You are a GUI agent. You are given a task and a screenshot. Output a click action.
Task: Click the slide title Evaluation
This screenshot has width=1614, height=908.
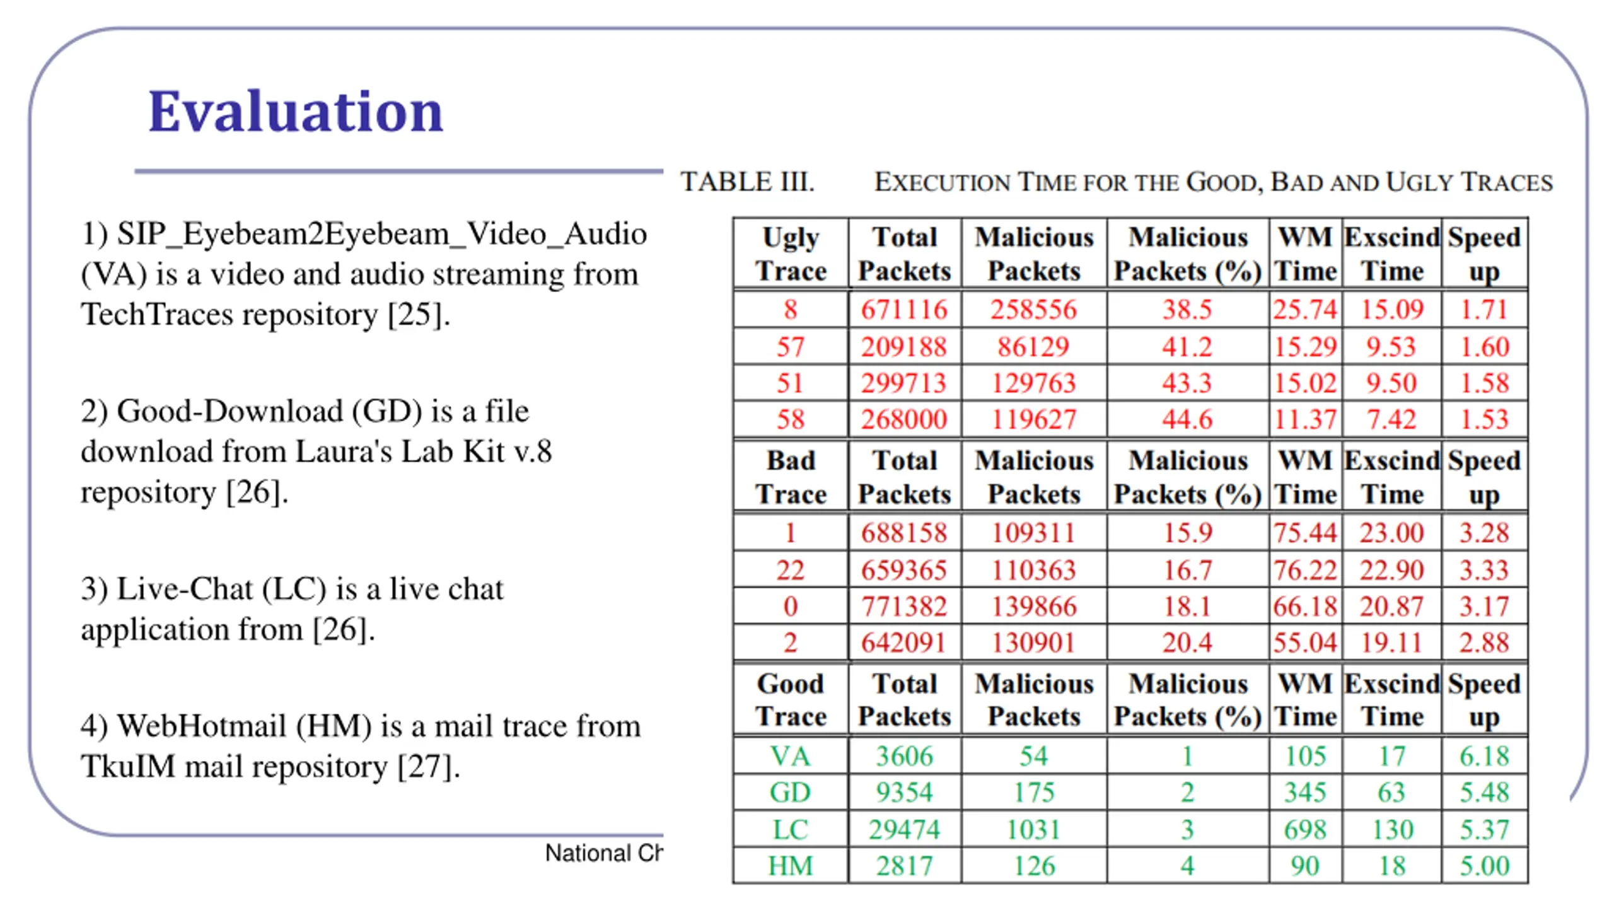pyautogui.click(x=295, y=112)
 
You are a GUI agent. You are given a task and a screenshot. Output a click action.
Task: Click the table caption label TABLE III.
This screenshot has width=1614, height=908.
pyautogui.click(x=747, y=182)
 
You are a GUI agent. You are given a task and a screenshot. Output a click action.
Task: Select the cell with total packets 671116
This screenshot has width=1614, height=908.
pyautogui.click(x=904, y=310)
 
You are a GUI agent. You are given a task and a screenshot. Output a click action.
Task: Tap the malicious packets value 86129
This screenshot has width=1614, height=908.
pyautogui.click(x=1033, y=347)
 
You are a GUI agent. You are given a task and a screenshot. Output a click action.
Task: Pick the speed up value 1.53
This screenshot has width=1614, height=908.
pyautogui.click(x=1484, y=419)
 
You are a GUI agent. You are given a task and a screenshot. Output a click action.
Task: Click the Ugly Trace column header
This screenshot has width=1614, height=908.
pyautogui.click(x=791, y=254)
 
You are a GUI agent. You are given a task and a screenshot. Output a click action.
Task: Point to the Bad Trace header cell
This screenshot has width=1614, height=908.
pyautogui.click(x=791, y=477)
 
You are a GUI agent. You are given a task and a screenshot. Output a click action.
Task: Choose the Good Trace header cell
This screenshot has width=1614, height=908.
pyautogui.click(x=791, y=700)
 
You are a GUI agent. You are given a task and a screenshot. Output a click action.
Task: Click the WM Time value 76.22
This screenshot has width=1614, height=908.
pyautogui.click(x=1305, y=570)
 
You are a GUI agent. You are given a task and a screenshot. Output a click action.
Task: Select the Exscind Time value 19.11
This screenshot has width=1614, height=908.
pyautogui.click(x=1391, y=643)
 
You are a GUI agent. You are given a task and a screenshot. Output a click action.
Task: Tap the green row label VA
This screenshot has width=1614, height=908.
pyautogui.click(x=790, y=756)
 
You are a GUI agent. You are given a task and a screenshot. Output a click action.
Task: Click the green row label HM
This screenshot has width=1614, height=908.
pyautogui.click(x=790, y=866)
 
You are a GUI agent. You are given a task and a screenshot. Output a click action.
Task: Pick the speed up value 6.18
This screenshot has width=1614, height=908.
pyautogui.click(x=1484, y=756)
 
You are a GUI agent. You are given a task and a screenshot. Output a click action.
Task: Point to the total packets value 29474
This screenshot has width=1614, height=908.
pyautogui.click(x=904, y=830)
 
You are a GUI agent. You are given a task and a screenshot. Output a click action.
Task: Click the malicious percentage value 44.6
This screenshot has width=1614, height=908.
pyautogui.click(x=1187, y=419)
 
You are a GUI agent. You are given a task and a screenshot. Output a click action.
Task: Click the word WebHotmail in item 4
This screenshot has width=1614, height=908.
pyautogui.click(x=202, y=726)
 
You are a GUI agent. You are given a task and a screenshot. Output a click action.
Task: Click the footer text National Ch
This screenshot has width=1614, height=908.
pyautogui.click(x=603, y=853)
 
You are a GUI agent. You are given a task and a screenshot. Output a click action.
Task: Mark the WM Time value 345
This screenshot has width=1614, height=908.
pyautogui.click(x=1305, y=793)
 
